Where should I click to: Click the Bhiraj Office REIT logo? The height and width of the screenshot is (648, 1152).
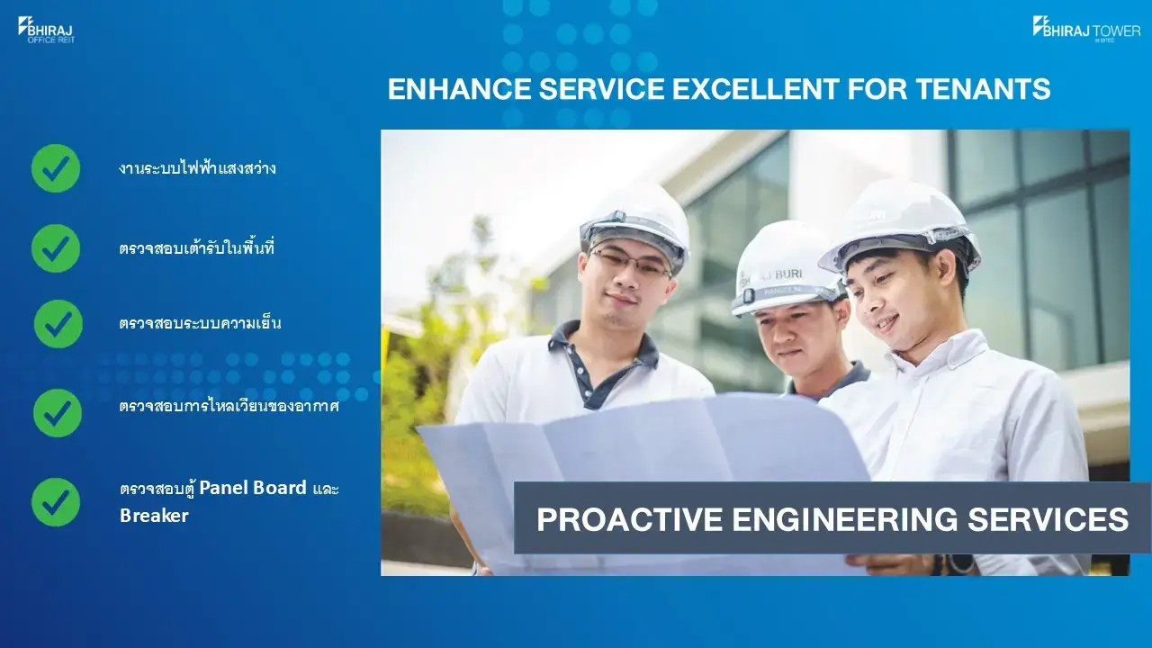click(46, 30)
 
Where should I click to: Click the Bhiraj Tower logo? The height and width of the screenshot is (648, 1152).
click(1086, 29)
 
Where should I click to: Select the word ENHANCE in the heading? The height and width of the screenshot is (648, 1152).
click(459, 89)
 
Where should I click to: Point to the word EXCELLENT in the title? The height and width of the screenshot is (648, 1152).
click(756, 89)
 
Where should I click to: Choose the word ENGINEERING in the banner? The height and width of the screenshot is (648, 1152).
click(844, 519)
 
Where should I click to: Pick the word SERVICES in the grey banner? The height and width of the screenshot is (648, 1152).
click(1048, 519)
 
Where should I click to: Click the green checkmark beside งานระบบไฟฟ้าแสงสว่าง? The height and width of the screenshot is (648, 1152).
click(56, 168)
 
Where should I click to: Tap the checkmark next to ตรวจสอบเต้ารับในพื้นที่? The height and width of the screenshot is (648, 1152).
click(56, 248)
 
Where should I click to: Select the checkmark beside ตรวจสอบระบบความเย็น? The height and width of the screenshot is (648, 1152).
click(58, 324)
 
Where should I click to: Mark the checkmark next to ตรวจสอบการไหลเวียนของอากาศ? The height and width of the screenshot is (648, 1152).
click(57, 413)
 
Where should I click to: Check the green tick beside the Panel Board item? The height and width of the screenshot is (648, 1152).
click(56, 502)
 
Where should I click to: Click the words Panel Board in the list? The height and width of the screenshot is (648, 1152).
click(253, 488)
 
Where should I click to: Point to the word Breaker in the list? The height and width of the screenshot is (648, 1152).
click(154, 516)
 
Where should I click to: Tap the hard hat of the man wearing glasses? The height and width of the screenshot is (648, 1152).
click(635, 224)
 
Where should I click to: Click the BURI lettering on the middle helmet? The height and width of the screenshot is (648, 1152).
click(787, 274)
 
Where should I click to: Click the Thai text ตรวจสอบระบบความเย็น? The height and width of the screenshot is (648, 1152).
click(200, 323)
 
